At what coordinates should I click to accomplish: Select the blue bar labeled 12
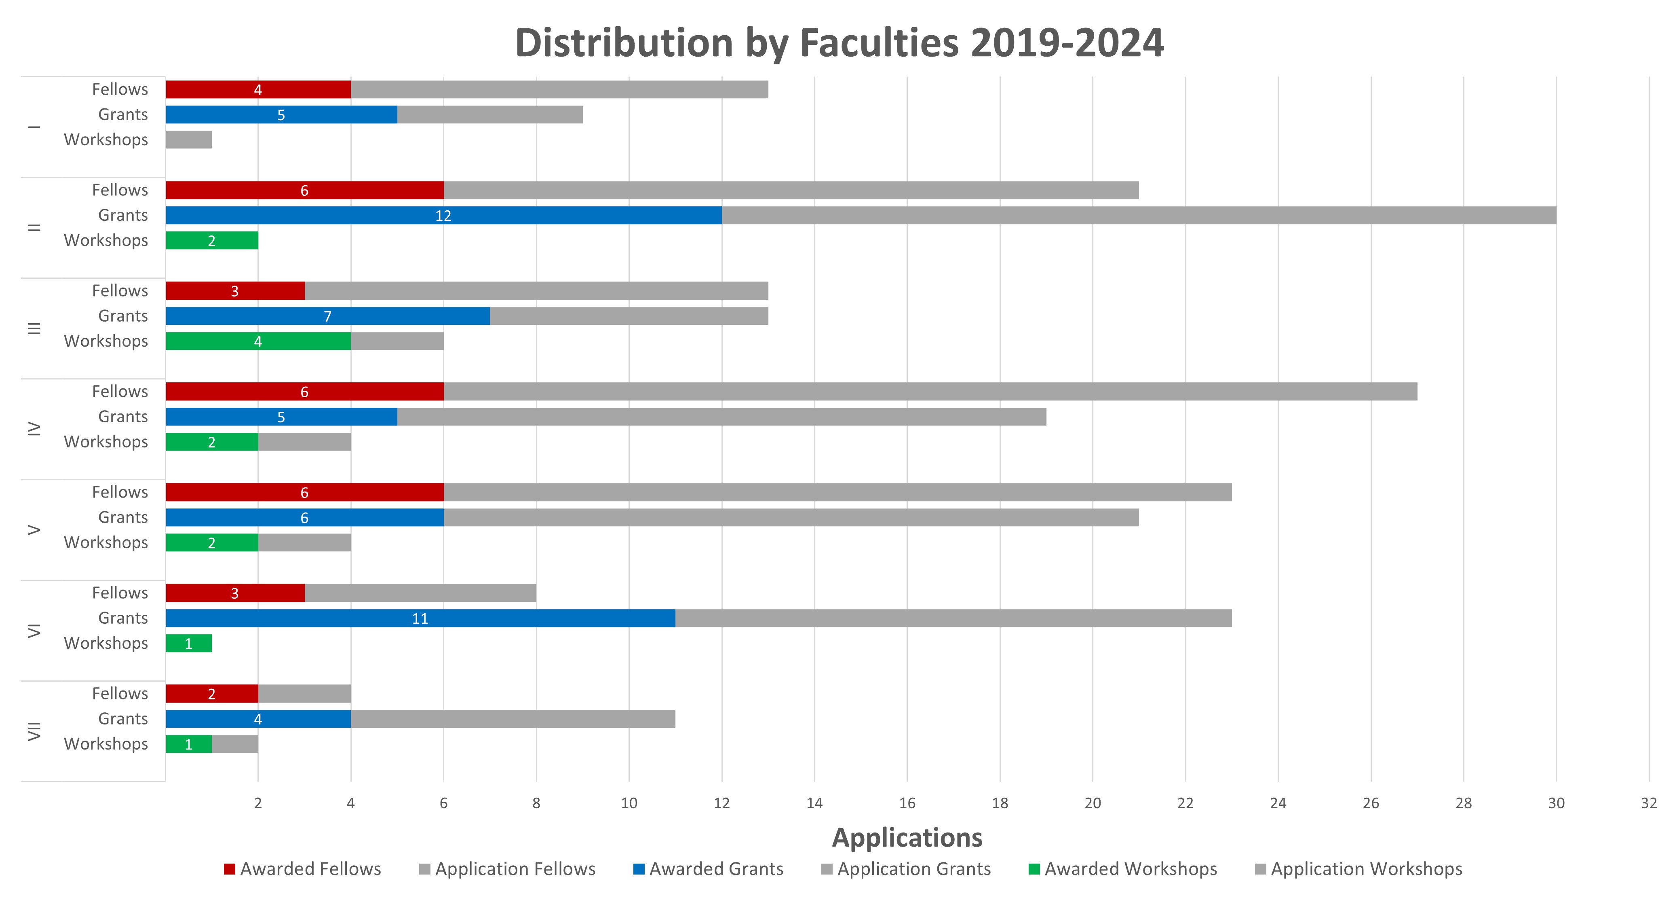point(443,215)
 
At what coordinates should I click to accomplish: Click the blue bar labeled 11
point(420,618)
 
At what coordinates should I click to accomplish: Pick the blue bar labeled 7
point(327,316)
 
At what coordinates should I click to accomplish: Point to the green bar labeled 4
point(258,341)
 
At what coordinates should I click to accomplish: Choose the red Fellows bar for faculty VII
point(212,694)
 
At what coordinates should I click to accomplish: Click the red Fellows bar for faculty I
point(258,89)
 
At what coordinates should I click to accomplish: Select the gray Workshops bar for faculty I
point(189,140)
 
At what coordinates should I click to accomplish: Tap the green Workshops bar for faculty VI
point(189,644)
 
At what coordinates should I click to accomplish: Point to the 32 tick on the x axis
point(1648,803)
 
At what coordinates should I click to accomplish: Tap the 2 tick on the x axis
point(258,803)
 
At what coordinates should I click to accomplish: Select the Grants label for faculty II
point(123,215)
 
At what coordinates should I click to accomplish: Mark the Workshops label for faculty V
point(106,542)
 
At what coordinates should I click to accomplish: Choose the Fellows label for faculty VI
point(120,593)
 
